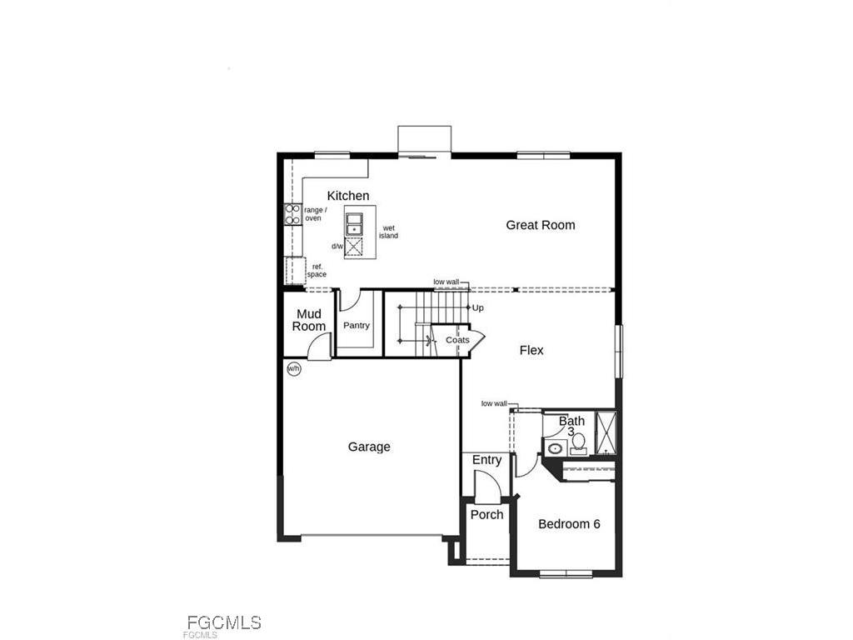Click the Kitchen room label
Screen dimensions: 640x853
point(347,196)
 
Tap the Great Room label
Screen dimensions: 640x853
point(541,225)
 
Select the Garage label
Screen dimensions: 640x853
point(369,447)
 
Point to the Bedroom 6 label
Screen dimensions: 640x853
point(569,524)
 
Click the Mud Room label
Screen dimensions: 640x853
point(309,320)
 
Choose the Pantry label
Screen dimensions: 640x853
point(357,326)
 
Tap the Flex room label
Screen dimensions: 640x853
point(531,350)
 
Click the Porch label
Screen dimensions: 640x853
point(486,515)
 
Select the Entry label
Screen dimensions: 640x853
point(486,460)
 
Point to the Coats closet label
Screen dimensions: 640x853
point(457,340)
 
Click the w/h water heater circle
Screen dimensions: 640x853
point(293,368)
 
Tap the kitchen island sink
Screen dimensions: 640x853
point(355,223)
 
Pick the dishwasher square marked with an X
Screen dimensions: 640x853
point(355,247)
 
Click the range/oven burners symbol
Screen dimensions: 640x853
point(292,215)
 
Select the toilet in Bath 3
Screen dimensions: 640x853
point(578,441)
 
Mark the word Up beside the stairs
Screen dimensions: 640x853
point(478,307)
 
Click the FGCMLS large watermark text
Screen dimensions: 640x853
point(224,622)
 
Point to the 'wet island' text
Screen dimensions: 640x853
point(388,232)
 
